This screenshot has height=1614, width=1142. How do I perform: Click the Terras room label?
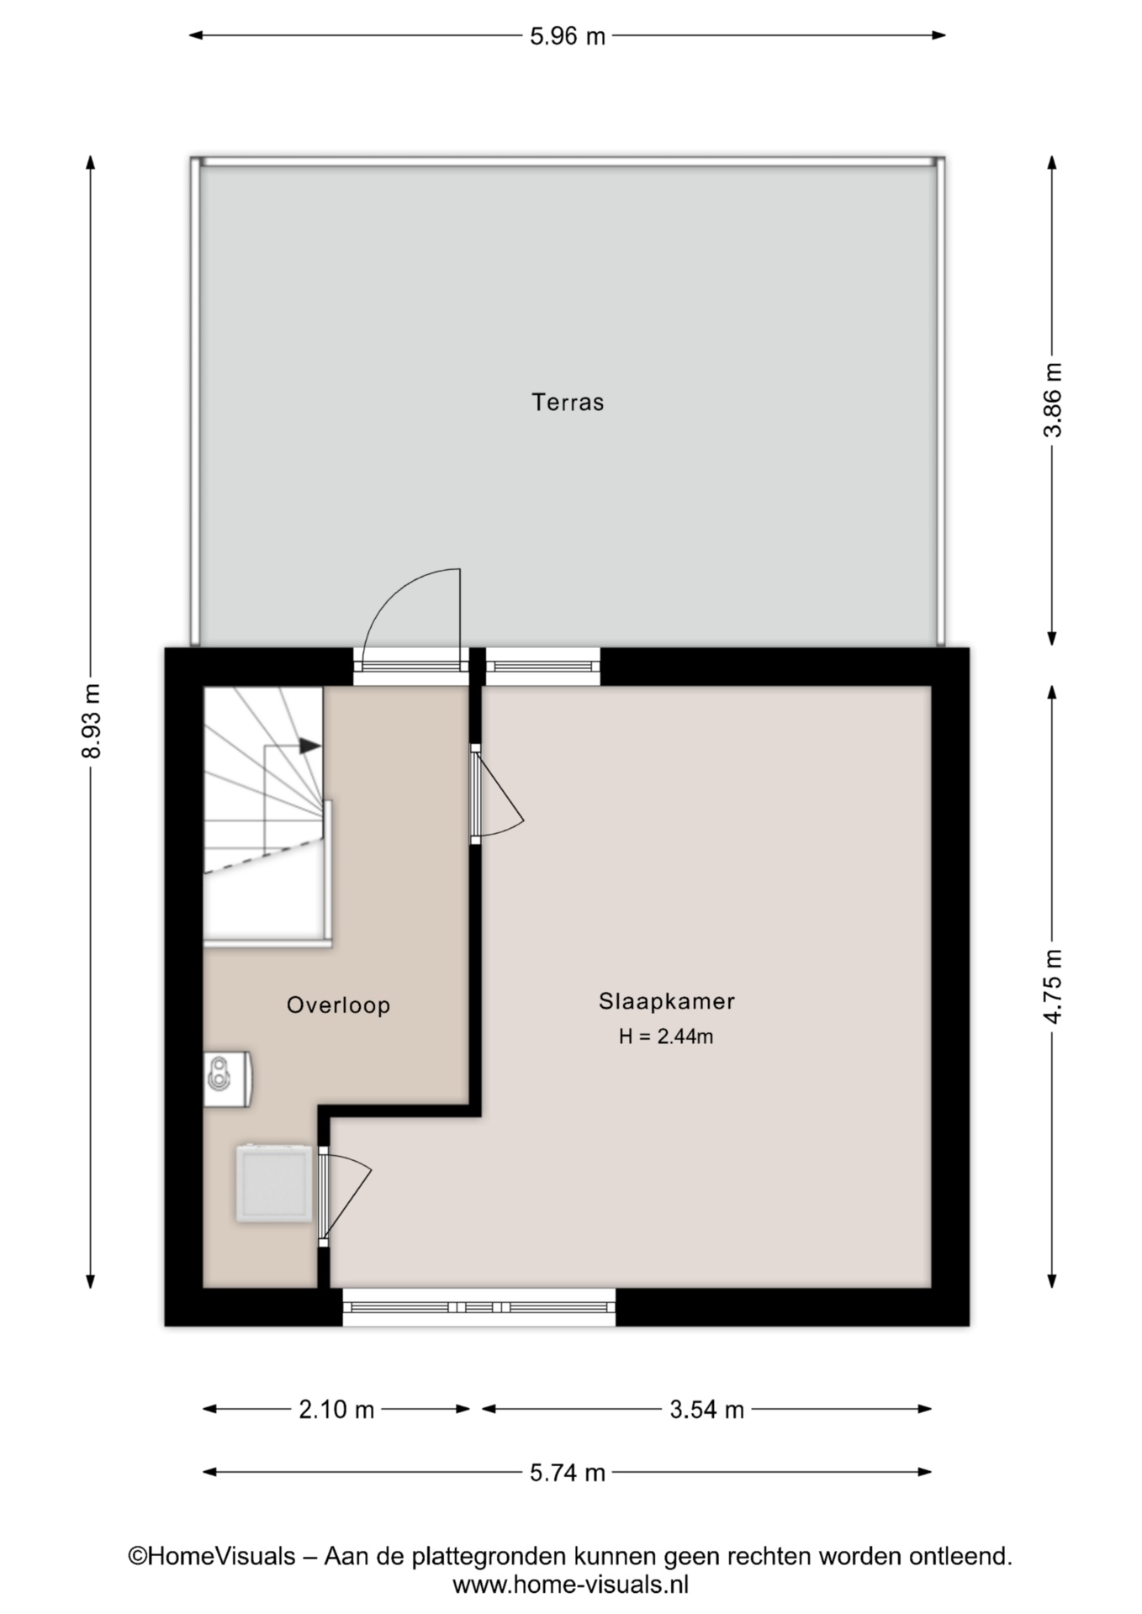click(x=568, y=403)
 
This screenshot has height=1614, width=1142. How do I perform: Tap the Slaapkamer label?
click(x=667, y=1001)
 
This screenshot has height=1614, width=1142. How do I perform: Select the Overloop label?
click(x=338, y=1005)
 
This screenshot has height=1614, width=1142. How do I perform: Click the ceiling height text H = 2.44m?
click(x=666, y=1037)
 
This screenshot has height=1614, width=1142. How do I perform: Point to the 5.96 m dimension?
click(x=568, y=36)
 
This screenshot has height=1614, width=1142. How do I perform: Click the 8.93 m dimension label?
click(x=91, y=720)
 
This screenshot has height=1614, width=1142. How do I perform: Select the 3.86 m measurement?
click(x=1052, y=399)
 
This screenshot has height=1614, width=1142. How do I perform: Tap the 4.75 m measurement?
click(x=1052, y=986)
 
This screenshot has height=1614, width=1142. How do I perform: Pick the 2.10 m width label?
click(x=336, y=1410)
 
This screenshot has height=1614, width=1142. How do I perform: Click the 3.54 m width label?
click(x=706, y=1410)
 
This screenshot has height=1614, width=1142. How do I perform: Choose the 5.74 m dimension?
click(x=568, y=1473)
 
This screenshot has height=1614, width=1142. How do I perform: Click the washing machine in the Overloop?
click(x=273, y=1184)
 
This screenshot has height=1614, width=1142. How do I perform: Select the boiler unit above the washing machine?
click(x=228, y=1077)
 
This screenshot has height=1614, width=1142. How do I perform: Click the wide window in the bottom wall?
click(x=479, y=1307)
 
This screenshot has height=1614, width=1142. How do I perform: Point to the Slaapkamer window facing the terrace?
click(x=543, y=666)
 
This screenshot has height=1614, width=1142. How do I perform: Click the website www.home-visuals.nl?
click(x=571, y=1585)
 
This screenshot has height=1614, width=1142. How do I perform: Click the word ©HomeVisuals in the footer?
click(x=211, y=1556)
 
